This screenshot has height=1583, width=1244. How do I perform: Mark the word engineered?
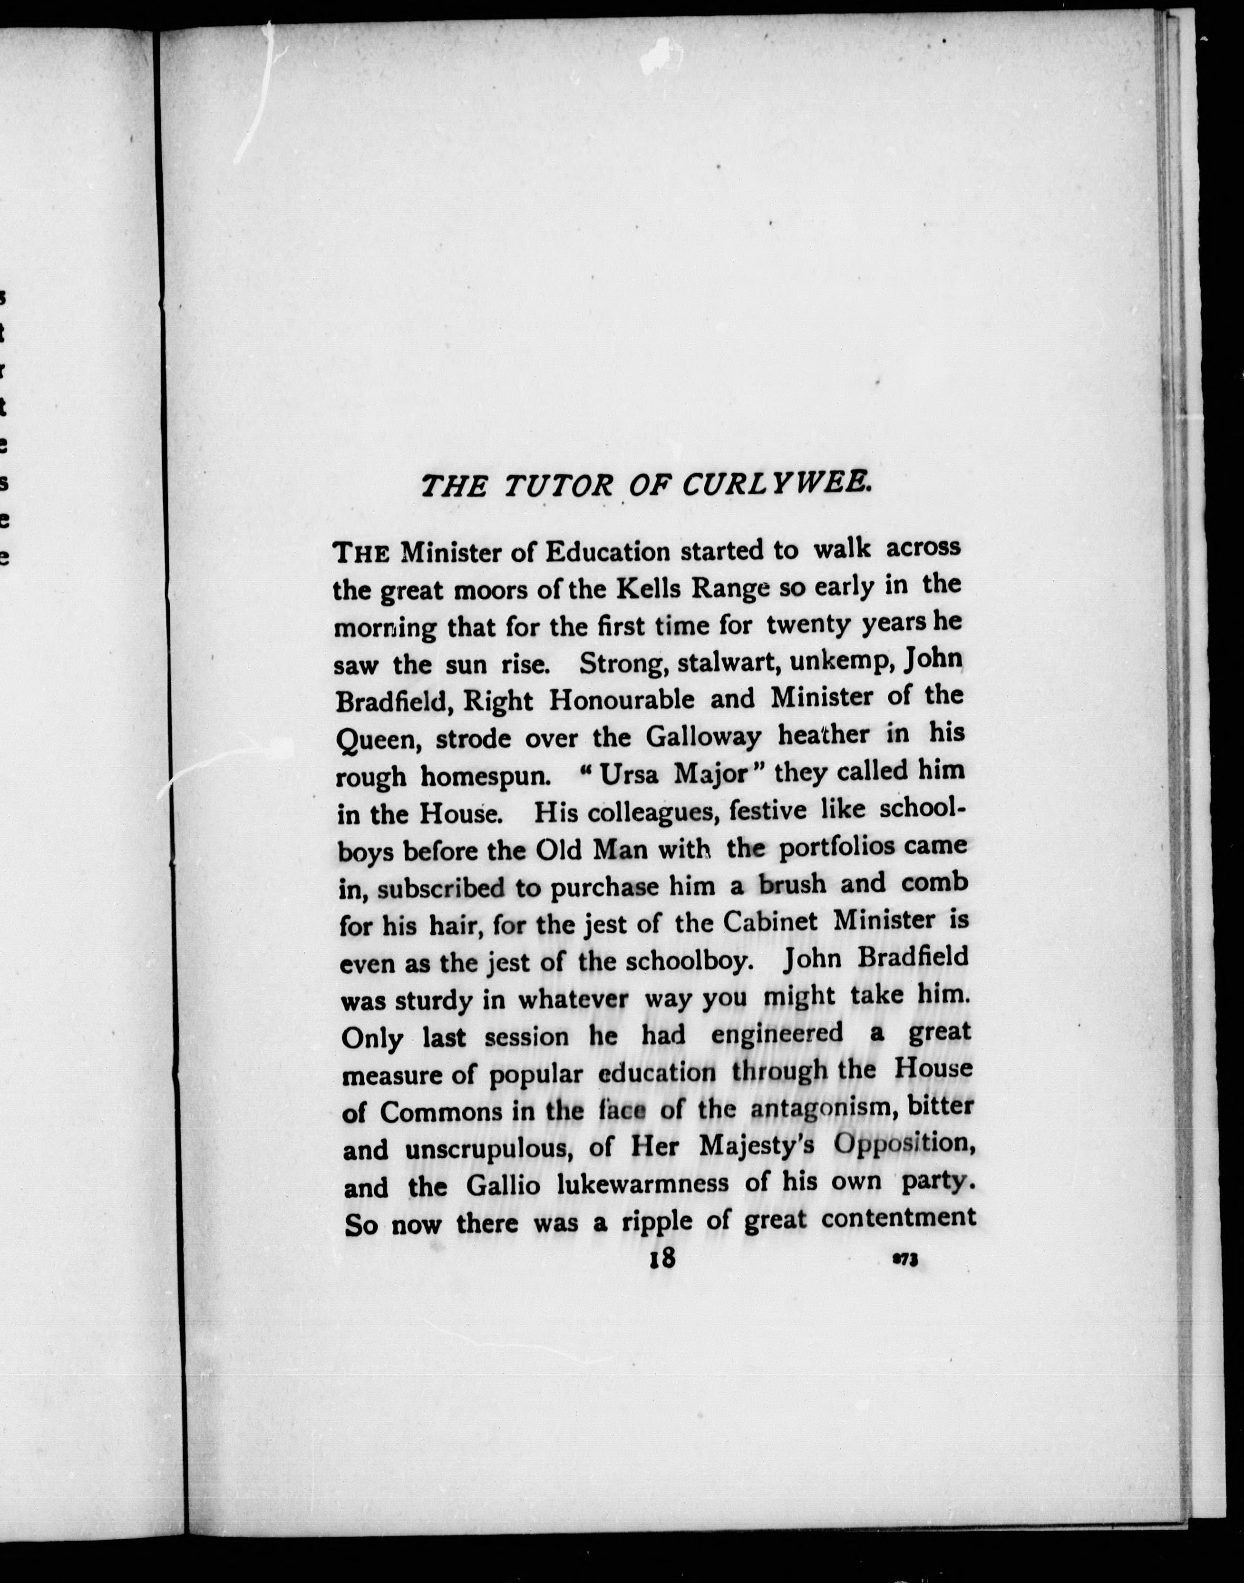(777, 1034)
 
